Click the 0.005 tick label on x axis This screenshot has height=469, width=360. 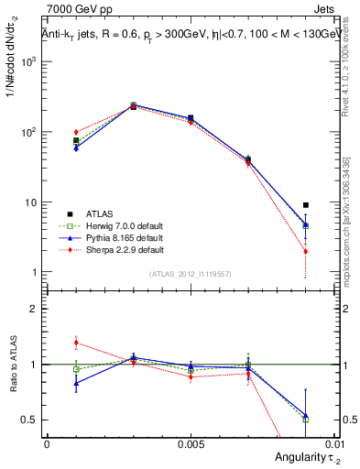click(190, 443)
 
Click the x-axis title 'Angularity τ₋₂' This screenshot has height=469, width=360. click(301, 457)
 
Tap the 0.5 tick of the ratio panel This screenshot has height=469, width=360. click(32, 420)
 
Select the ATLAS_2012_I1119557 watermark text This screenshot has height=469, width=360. click(190, 274)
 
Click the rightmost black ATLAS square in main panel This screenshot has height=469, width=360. click(306, 205)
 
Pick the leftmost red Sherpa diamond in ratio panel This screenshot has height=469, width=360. click(76, 343)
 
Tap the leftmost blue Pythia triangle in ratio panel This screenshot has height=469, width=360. click(76, 384)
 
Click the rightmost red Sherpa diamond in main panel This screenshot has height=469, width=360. click(306, 251)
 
